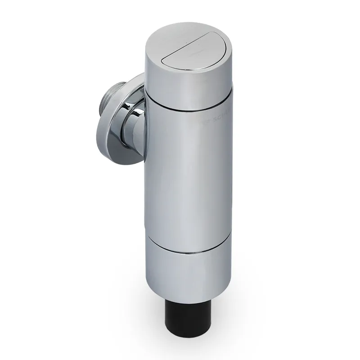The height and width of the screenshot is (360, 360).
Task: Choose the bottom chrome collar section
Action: [x=189, y=270]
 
